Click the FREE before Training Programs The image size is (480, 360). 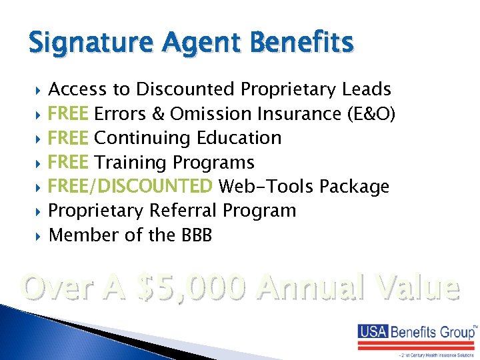click(69, 163)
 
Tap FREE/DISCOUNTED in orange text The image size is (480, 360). click(131, 187)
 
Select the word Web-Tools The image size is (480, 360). click(267, 187)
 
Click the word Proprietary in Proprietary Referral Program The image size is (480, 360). click(97, 211)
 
